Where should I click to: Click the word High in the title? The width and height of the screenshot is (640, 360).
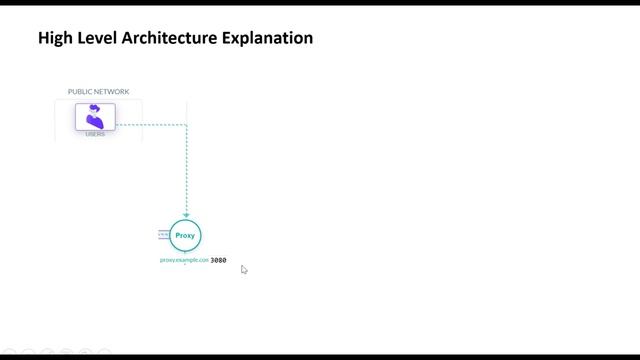tap(54, 38)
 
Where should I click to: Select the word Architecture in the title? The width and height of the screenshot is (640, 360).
tap(170, 38)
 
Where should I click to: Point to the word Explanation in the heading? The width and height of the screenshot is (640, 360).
tap(268, 38)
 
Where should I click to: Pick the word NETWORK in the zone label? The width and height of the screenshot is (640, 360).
tap(113, 92)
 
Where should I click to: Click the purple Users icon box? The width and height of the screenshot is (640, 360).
tap(95, 117)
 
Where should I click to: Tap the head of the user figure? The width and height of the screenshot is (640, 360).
tap(94, 109)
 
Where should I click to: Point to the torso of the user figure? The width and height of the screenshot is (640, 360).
tap(96, 122)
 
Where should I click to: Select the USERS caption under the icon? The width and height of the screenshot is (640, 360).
tap(95, 134)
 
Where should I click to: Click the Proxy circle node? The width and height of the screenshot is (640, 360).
tap(185, 236)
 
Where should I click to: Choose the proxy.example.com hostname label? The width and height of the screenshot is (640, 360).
tap(184, 260)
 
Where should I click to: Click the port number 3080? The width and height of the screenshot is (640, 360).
tap(218, 260)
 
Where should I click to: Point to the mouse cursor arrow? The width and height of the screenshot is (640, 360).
tap(243, 269)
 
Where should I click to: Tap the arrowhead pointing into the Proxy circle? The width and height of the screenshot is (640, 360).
tap(186, 214)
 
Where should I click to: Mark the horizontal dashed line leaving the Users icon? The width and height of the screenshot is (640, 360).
tap(150, 125)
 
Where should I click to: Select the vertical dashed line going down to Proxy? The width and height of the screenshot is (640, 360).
tap(186, 170)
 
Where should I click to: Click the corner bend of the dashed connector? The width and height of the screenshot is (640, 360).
tap(186, 125)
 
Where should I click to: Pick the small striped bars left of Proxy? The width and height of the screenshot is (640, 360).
tap(163, 235)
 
